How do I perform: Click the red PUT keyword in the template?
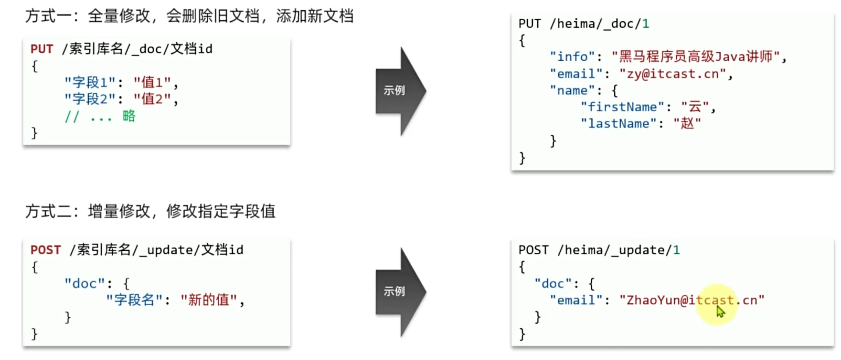(x=42, y=49)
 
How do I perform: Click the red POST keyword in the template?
(x=45, y=250)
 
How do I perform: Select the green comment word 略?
(x=129, y=116)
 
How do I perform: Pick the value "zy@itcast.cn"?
(x=673, y=74)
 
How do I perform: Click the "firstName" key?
(x=622, y=107)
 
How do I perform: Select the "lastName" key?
(x=618, y=124)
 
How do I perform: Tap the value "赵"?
(x=687, y=124)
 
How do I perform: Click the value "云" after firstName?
(x=695, y=107)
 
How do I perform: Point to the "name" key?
(x=572, y=91)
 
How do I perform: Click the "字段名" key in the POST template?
(x=134, y=300)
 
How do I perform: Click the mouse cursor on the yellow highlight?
(x=720, y=311)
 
